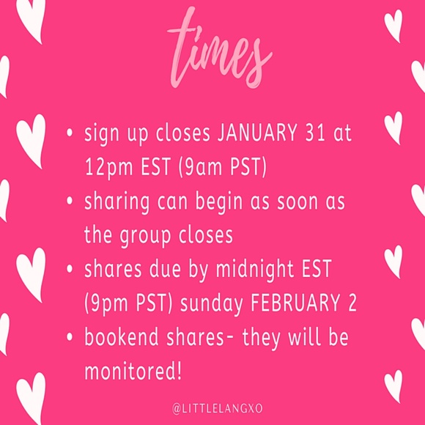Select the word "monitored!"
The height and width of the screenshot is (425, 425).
coord(133,370)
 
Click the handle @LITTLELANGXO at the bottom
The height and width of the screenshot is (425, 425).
coord(212,404)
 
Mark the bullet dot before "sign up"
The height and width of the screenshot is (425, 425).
coord(69,136)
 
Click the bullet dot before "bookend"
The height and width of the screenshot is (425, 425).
coord(69,339)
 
